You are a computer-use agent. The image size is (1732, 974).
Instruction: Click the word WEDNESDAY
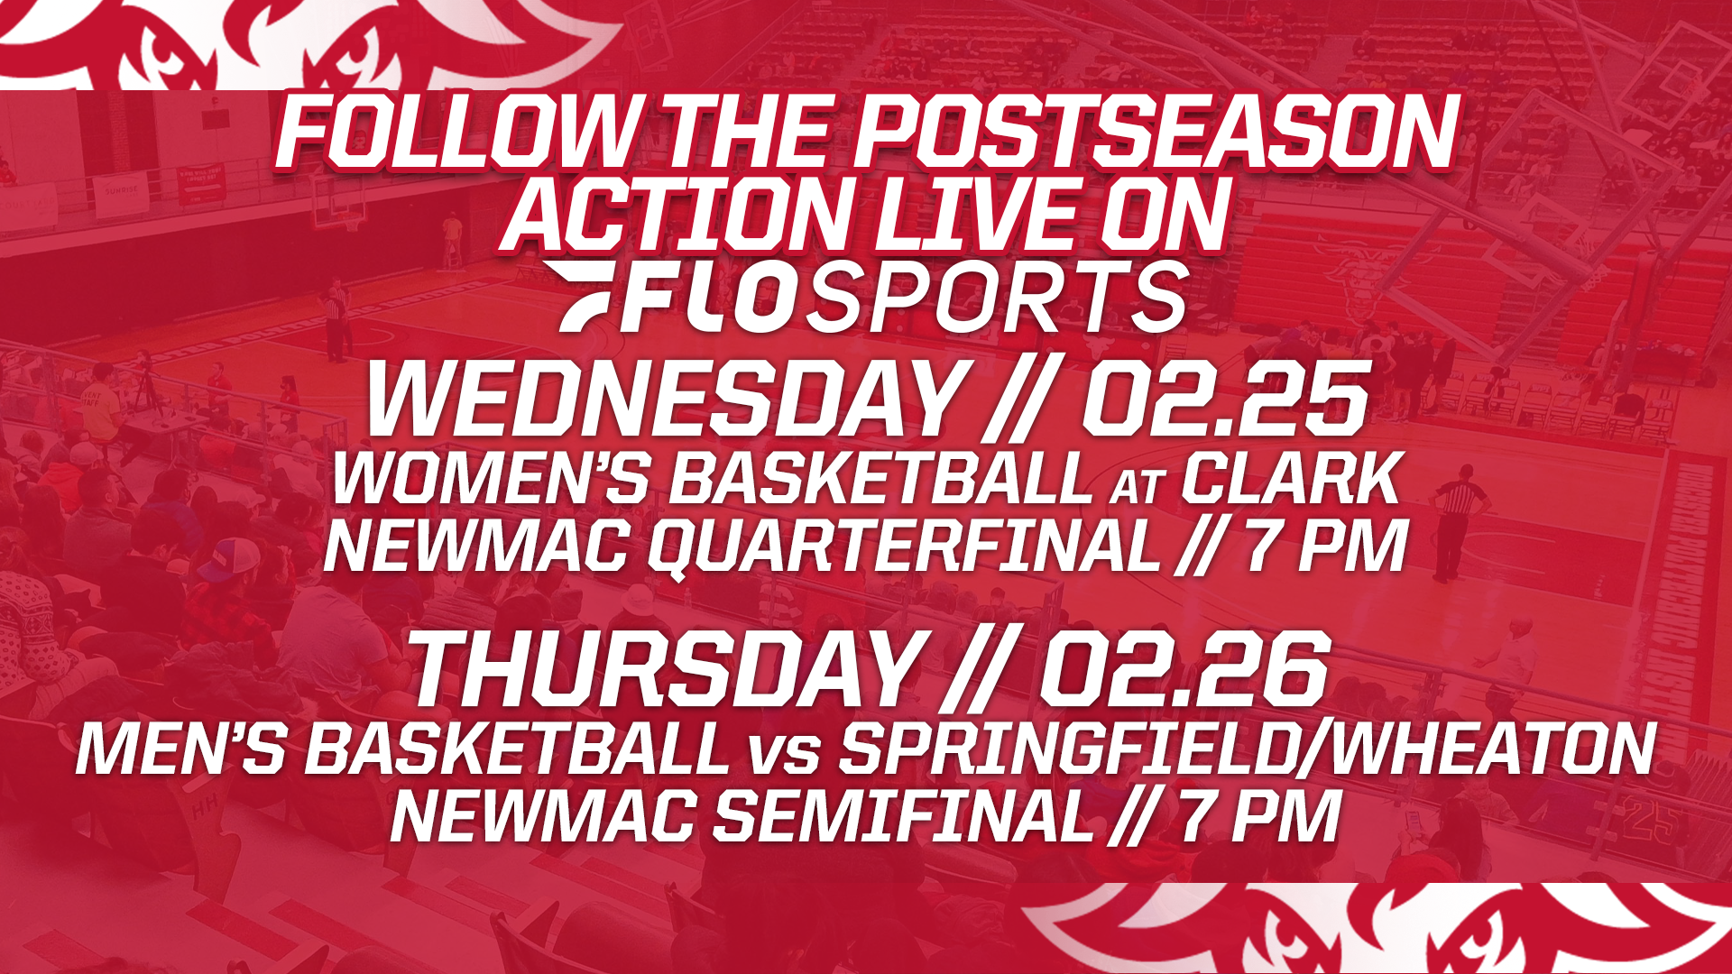tap(663, 400)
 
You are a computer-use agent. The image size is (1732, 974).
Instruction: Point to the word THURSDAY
tap(663, 670)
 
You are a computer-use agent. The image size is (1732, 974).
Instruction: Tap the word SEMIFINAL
tap(902, 816)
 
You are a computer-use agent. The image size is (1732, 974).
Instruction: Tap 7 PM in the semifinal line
tap(1258, 816)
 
